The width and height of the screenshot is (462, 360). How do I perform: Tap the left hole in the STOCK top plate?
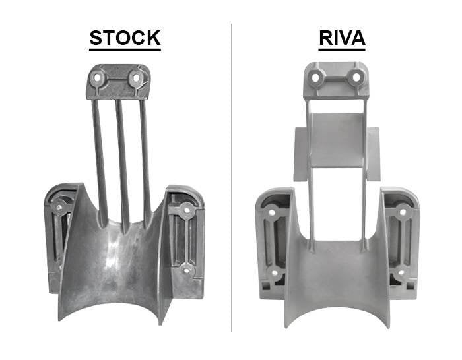(100, 78)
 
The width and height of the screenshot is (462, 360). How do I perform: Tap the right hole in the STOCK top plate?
(136, 78)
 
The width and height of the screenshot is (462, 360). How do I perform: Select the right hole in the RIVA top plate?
(356, 77)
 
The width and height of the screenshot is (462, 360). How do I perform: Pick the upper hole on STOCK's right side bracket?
(187, 210)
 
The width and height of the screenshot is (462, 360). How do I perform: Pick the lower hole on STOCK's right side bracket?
(187, 269)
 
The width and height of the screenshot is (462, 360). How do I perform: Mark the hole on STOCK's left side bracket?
(60, 208)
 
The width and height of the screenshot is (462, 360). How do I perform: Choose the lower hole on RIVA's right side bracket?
(400, 272)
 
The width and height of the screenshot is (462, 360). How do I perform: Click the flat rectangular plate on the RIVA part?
(337, 148)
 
